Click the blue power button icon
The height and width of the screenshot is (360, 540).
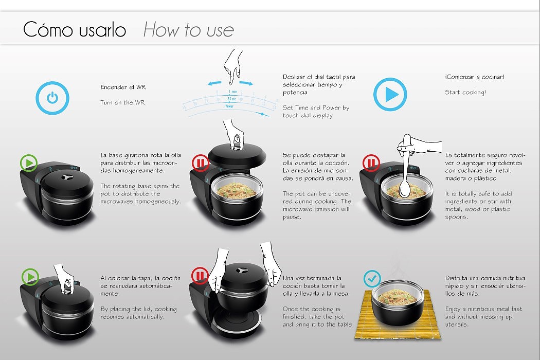[x=52, y=98]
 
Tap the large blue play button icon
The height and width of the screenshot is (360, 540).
[x=390, y=95]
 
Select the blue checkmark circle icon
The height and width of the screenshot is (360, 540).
[x=372, y=278]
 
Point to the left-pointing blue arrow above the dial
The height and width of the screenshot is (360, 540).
[x=214, y=83]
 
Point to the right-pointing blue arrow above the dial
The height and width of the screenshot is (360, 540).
[x=246, y=83]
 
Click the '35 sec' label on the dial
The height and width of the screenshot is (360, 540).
[x=231, y=99]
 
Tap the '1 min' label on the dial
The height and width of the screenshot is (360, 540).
[x=233, y=92]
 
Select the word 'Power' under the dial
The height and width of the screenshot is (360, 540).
[x=229, y=106]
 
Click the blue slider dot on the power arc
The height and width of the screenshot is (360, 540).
[x=262, y=114]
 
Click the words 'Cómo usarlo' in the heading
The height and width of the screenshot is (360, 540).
[x=75, y=29]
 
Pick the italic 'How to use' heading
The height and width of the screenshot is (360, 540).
[x=188, y=30]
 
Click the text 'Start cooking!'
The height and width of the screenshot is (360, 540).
[x=465, y=93]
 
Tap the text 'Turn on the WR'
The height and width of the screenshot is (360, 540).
[x=122, y=102]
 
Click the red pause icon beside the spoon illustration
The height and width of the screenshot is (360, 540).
[x=371, y=163]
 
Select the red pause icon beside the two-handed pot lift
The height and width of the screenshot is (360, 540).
[x=200, y=276]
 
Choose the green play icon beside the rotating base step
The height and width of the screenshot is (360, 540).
[x=29, y=163]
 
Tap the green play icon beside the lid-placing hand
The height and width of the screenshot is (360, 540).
[x=30, y=277]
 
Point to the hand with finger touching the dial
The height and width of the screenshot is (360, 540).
[x=232, y=66]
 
